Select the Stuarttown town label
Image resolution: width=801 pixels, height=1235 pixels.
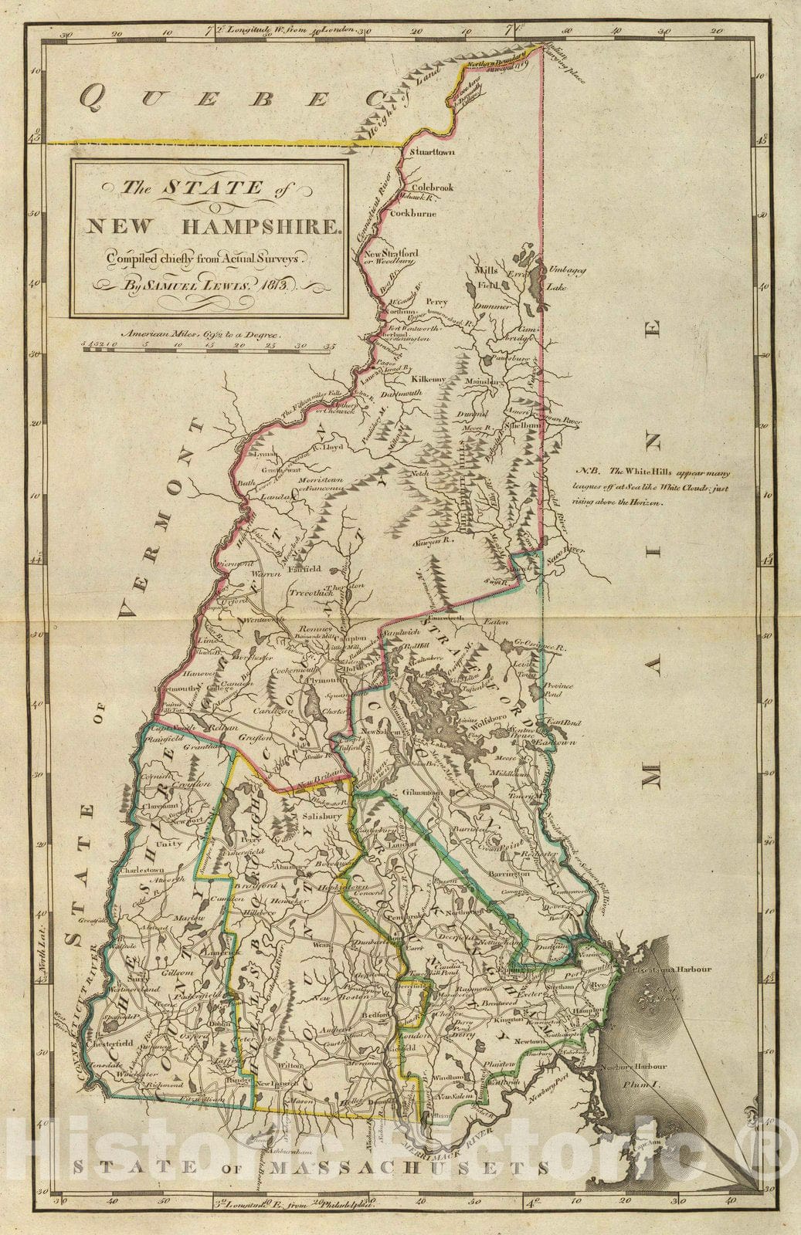click(x=433, y=153)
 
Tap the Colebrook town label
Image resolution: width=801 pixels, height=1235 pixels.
click(x=433, y=188)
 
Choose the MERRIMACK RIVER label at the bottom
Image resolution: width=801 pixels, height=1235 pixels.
click(x=482, y=1134)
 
